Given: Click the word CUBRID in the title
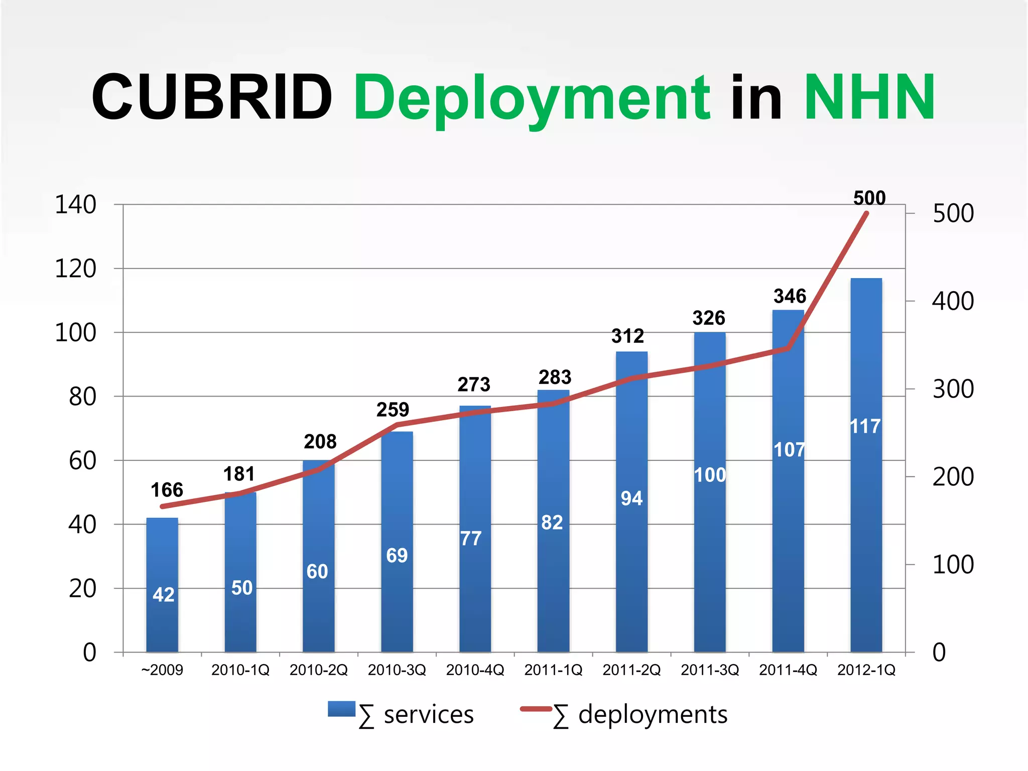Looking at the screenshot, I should pyautogui.click(x=212, y=97).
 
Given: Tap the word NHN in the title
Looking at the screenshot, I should pyautogui.click(x=869, y=97).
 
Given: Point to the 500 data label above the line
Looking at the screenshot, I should pyautogui.click(x=869, y=198).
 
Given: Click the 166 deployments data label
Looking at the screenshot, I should pyautogui.click(x=167, y=490).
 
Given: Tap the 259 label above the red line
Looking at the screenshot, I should pyautogui.click(x=393, y=410).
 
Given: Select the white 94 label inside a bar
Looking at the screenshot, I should pyautogui.click(x=631, y=498).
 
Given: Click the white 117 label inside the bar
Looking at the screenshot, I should pyautogui.click(x=865, y=427).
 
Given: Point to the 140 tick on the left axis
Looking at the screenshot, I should pyautogui.click(x=75, y=205).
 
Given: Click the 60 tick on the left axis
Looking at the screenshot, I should pyautogui.click(x=82, y=461).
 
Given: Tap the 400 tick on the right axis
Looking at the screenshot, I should pyautogui.click(x=953, y=301).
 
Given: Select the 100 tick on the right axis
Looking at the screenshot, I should pyautogui.click(x=953, y=565).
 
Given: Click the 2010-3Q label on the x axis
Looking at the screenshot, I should pyautogui.click(x=397, y=670).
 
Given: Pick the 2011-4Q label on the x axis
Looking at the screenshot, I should pyautogui.click(x=788, y=670).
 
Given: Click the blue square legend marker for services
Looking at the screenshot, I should pyautogui.click(x=341, y=709).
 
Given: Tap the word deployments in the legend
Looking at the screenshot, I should pyautogui.click(x=653, y=714).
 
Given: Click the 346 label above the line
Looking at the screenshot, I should pyautogui.click(x=790, y=296).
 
